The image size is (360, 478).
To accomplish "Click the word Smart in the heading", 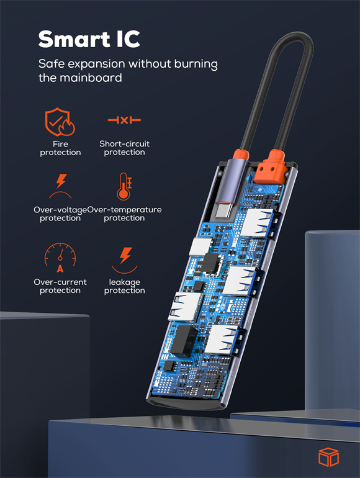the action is click(x=74, y=39).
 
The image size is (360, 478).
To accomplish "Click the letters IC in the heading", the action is click(x=128, y=39).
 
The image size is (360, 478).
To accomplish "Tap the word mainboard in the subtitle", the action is click(x=91, y=78).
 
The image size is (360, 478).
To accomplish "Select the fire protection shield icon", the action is click(x=60, y=122).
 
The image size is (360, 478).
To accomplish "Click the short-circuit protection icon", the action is click(x=124, y=120).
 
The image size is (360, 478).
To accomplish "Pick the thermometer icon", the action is click(x=124, y=187).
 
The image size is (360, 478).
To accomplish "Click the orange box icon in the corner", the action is click(x=328, y=457).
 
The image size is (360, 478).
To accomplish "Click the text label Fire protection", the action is click(x=60, y=148).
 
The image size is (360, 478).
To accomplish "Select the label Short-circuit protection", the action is click(x=124, y=148).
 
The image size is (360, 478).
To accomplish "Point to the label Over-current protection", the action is click(x=60, y=286).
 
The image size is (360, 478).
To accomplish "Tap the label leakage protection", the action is click(x=124, y=286).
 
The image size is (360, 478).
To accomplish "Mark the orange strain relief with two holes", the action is click(x=271, y=167).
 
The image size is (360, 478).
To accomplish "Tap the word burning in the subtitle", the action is click(x=196, y=65).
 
